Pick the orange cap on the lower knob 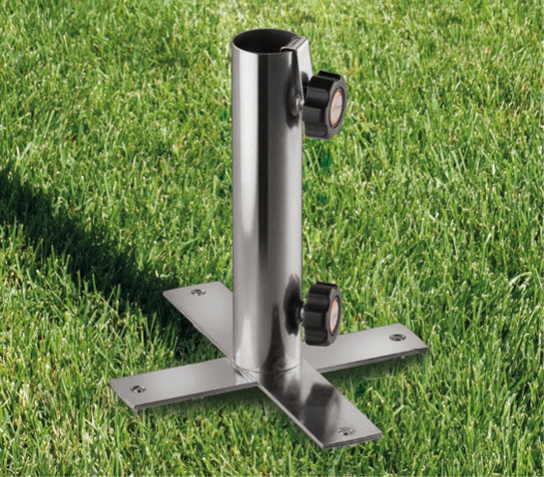click(x=334, y=315)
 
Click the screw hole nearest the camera click(x=345, y=430)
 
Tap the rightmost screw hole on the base click(x=397, y=337)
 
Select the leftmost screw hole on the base click(x=138, y=389)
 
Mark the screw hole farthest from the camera click(x=198, y=292)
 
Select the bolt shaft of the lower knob click(x=300, y=313)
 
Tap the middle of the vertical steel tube click(x=267, y=204)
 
